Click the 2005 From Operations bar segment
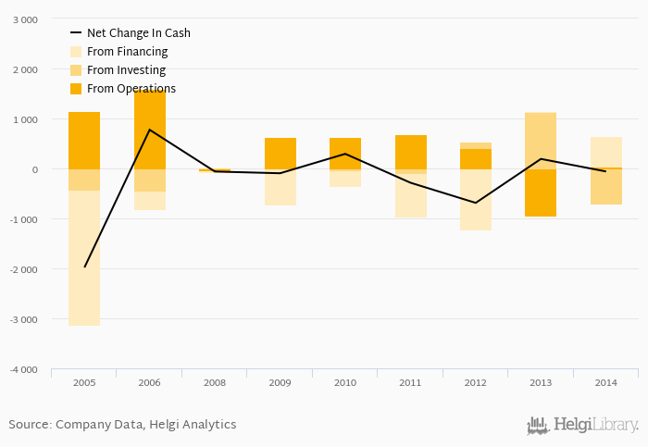coord(84,141)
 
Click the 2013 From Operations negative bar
coord(541,192)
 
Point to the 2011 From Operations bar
coord(411,152)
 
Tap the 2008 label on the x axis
coord(215,382)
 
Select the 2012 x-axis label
coord(476,382)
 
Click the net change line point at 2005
coord(84,267)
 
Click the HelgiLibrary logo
coord(583,425)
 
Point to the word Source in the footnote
coord(30,425)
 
